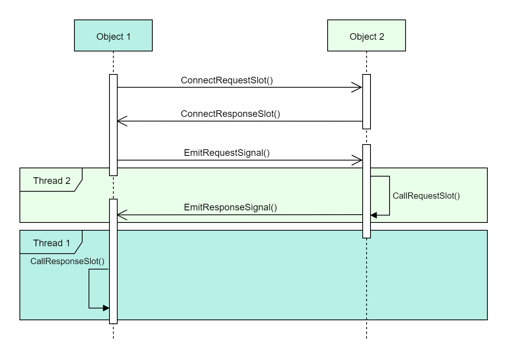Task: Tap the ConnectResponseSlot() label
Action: [231, 114]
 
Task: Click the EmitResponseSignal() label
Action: [230, 207]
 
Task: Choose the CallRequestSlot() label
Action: [426, 196]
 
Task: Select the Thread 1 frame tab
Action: [51, 243]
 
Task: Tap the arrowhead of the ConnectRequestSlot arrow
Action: [358, 87]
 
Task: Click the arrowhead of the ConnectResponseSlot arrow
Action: [122, 121]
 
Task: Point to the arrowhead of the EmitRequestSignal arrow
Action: [358, 160]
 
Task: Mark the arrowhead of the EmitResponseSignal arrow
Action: [122, 214]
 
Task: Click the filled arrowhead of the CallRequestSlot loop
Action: [374, 215]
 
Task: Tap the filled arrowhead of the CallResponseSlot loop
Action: [106, 308]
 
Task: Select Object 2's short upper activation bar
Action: [366, 101]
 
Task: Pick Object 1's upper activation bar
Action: [113, 125]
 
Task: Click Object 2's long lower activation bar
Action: [366, 191]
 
